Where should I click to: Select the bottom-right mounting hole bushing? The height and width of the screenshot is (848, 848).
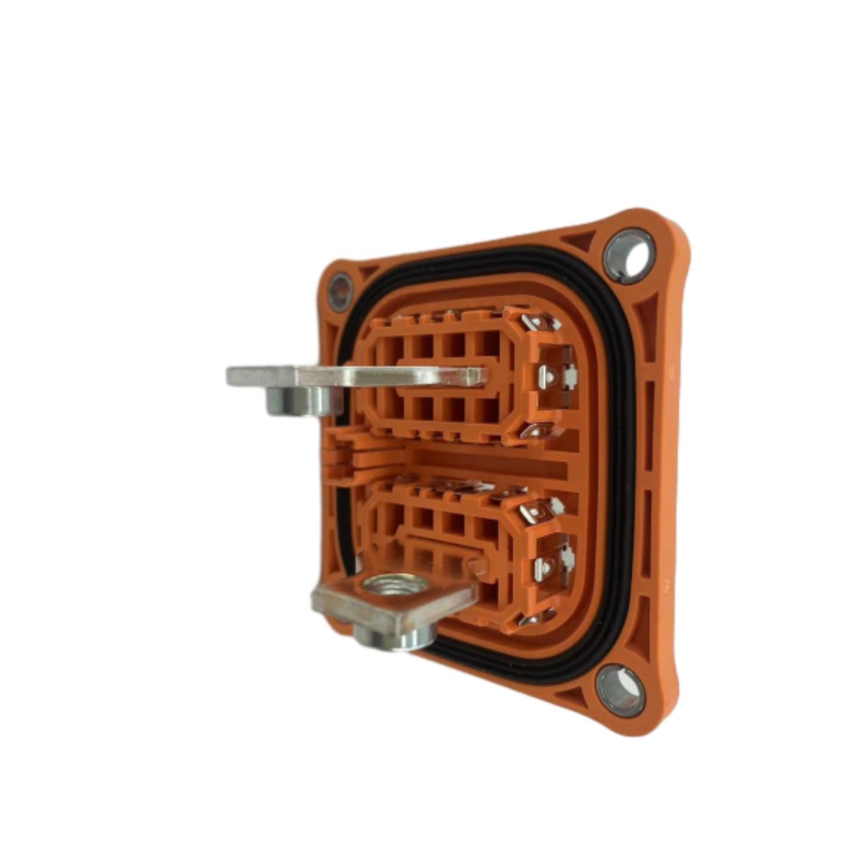[620, 690]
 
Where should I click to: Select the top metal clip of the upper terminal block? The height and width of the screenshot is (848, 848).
[541, 324]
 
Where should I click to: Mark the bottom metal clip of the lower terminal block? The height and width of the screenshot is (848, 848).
[537, 618]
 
